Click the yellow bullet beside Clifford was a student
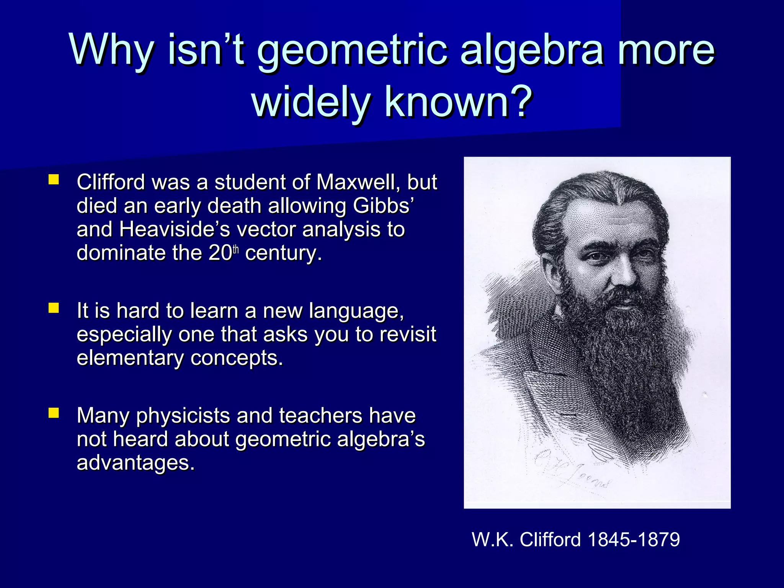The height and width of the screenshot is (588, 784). pyautogui.click(x=54, y=180)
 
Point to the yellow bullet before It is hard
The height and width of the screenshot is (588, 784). pyautogui.click(x=54, y=308)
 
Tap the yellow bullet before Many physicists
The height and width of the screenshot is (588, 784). pyautogui.click(x=54, y=413)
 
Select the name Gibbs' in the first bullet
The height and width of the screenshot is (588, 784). pyautogui.click(x=383, y=206)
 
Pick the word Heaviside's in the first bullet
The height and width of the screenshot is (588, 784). pyautogui.click(x=175, y=229)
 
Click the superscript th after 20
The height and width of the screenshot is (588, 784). pyautogui.click(x=235, y=250)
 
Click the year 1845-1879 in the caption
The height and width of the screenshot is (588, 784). pyautogui.click(x=634, y=540)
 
